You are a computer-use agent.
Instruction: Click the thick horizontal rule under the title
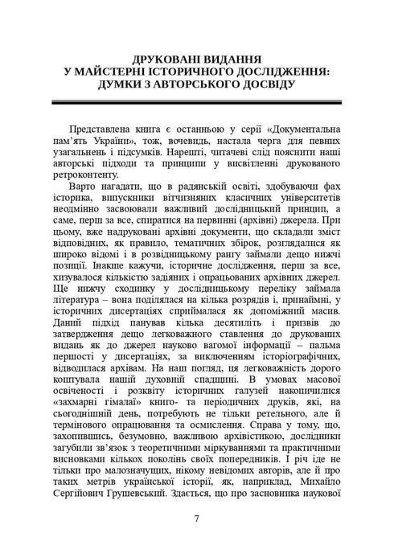click(197, 104)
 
